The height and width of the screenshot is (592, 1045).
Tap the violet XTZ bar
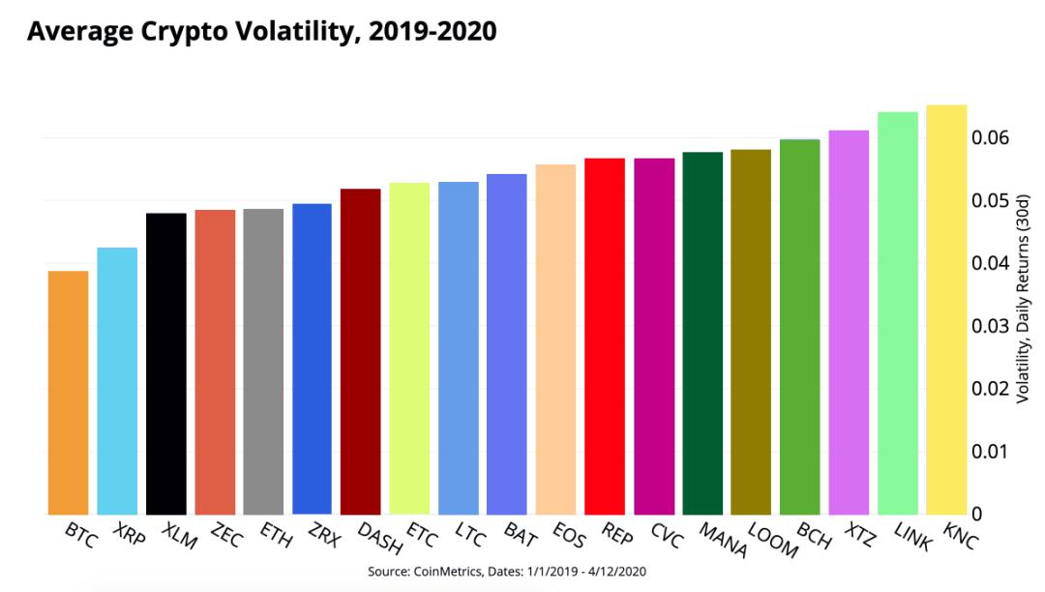coord(849,321)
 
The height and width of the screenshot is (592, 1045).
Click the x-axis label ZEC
coord(225,536)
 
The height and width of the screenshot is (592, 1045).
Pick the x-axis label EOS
coord(569,534)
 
